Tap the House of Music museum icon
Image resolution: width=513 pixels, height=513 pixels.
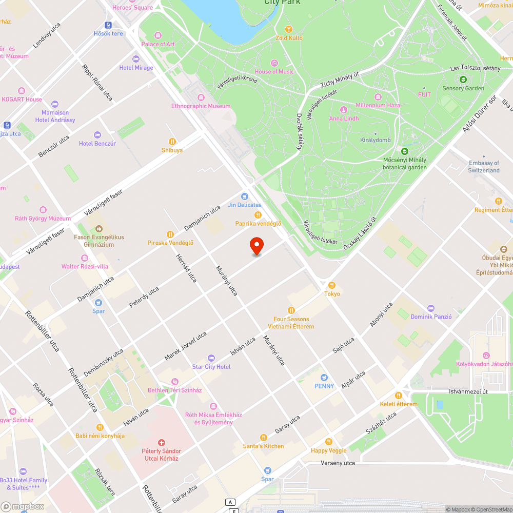[x=274, y=63]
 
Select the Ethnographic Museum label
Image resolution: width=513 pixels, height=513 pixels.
[x=201, y=106]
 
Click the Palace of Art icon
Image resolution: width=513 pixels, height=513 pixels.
[x=157, y=35]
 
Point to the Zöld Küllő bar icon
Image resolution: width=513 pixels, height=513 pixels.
[x=289, y=29]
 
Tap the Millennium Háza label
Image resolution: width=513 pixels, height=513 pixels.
[x=378, y=105]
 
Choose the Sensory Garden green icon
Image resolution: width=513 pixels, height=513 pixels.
[x=463, y=80]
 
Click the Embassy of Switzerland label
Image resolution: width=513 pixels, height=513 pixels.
[x=484, y=167]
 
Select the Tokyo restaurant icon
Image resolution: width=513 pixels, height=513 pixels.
[x=332, y=285]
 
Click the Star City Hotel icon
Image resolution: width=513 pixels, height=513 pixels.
[x=211, y=358]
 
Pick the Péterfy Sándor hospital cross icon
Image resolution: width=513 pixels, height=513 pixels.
[x=162, y=442]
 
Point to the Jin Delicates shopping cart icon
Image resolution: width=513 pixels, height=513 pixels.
[x=245, y=196]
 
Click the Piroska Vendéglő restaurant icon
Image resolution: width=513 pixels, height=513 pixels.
[x=170, y=234]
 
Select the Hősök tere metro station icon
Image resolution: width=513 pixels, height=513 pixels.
[x=108, y=25]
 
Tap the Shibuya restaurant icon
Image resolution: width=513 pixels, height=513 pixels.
[x=172, y=142]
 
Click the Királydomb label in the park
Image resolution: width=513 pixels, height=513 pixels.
[x=376, y=140]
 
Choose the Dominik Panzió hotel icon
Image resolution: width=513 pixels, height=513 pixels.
[x=431, y=308]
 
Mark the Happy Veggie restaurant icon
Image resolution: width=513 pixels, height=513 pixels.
[x=329, y=442]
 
